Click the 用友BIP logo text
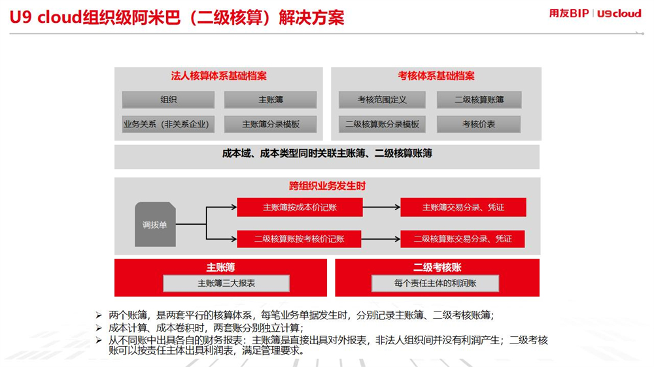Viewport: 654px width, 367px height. [x=568, y=13]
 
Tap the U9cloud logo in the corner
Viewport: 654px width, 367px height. [x=619, y=14]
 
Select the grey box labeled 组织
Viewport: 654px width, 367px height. [x=168, y=100]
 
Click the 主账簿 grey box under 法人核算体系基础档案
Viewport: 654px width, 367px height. [x=270, y=100]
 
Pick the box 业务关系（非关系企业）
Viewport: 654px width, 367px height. [x=168, y=124]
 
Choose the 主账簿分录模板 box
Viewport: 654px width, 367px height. [x=270, y=124]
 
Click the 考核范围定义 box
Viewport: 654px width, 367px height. [x=382, y=100]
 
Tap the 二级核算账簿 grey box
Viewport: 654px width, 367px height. [x=479, y=100]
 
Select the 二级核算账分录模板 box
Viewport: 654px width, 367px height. [x=382, y=124]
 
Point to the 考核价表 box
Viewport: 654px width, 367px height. [x=479, y=124]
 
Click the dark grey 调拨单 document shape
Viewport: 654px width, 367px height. [x=155, y=225]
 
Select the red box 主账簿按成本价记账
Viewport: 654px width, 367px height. [x=300, y=207]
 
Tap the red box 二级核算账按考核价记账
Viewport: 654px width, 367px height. [x=299, y=239]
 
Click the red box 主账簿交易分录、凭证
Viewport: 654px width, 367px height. [x=463, y=207]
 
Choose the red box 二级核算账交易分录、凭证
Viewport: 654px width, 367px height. [x=462, y=239]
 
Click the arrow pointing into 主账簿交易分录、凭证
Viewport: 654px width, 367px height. [x=381, y=207]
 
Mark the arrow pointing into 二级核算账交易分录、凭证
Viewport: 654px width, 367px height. [x=381, y=239]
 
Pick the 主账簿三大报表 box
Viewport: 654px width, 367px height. [x=226, y=283]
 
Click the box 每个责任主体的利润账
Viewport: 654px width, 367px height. [x=435, y=283]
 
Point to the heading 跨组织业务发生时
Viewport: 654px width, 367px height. [x=328, y=186]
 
